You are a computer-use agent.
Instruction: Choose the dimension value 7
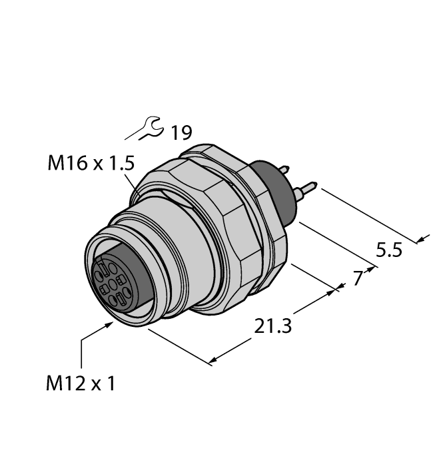(x=358, y=278)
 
